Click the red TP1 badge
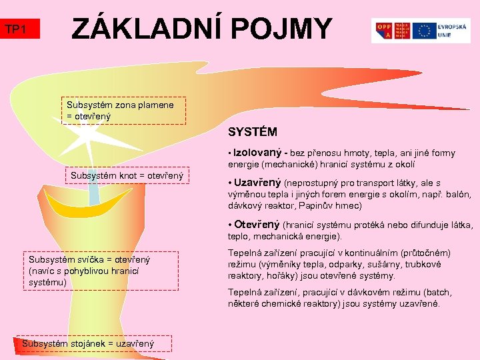pyautogui.click(x=21, y=29)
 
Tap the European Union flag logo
pyautogui.click(x=424, y=30)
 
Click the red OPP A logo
pyautogui.click(x=385, y=30)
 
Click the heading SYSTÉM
pyautogui.click(x=253, y=132)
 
